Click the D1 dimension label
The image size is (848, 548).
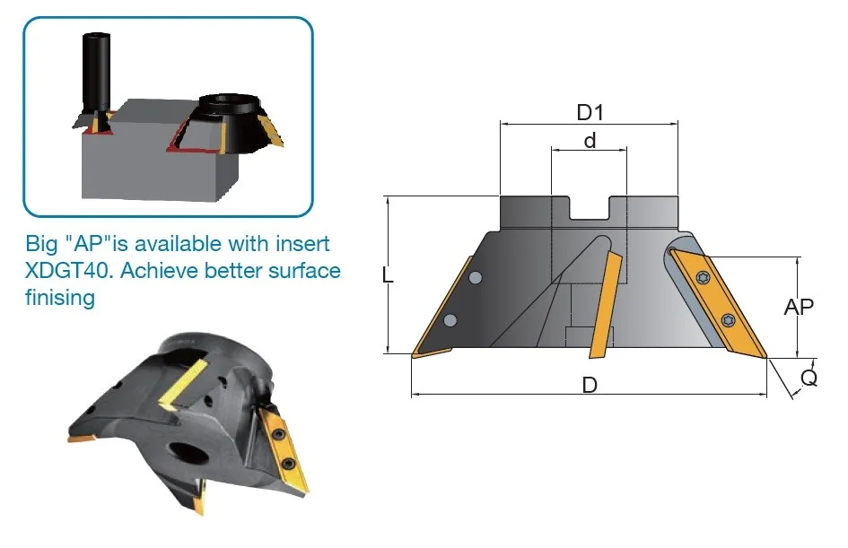point(590,112)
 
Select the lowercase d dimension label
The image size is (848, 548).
point(590,141)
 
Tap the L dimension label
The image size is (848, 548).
point(388,275)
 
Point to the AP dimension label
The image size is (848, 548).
point(799,307)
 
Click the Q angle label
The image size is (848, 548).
point(809,378)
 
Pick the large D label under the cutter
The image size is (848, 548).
point(590,385)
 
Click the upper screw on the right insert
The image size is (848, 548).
point(704,278)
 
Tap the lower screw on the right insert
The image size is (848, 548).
point(729,319)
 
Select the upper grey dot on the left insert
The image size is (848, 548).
point(476,278)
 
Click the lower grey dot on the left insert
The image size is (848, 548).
point(450,320)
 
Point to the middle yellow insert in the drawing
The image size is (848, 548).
point(605,304)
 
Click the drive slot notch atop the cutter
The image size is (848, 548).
point(590,207)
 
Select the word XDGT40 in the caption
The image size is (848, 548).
point(69,270)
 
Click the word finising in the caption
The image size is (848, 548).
point(60,298)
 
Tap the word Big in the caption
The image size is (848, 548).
point(41,244)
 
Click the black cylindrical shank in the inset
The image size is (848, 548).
point(95,72)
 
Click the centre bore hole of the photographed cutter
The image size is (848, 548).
point(188,452)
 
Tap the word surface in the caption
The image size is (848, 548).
point(304,270)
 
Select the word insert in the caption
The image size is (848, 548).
point(303,244)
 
